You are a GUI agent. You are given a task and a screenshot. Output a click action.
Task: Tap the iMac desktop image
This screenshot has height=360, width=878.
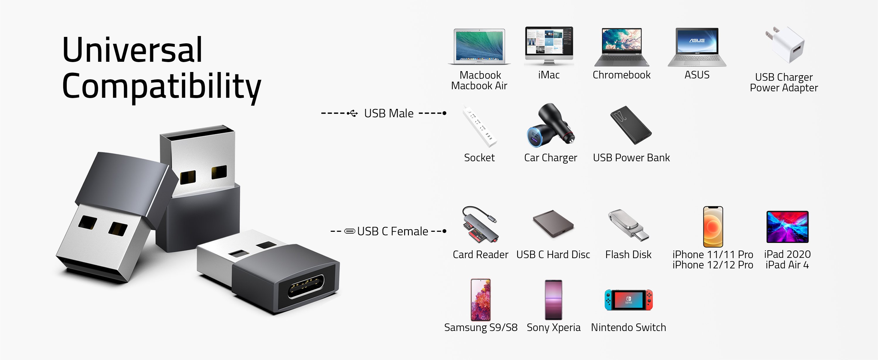click(x=549, y=45)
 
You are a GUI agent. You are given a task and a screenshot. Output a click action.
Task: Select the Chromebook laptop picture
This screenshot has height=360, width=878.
click(x=622, y=47)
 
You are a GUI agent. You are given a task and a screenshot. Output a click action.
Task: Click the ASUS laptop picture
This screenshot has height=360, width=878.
click(x=697, y=47)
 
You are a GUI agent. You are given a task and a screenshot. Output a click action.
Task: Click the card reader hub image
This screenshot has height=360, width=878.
click(x=480, y=225)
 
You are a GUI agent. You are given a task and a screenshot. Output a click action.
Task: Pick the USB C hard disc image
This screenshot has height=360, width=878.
click(x=553, y=224)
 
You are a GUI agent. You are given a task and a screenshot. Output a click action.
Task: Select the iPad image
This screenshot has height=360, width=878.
click(x=787, y=227)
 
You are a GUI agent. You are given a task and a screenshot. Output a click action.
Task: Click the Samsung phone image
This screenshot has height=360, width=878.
click(x=480, y=300)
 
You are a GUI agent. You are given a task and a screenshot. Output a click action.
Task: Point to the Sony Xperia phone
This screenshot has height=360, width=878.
click(x=553, y=300)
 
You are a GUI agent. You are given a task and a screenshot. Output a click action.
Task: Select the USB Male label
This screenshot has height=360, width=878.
click(x=389, y=113)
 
